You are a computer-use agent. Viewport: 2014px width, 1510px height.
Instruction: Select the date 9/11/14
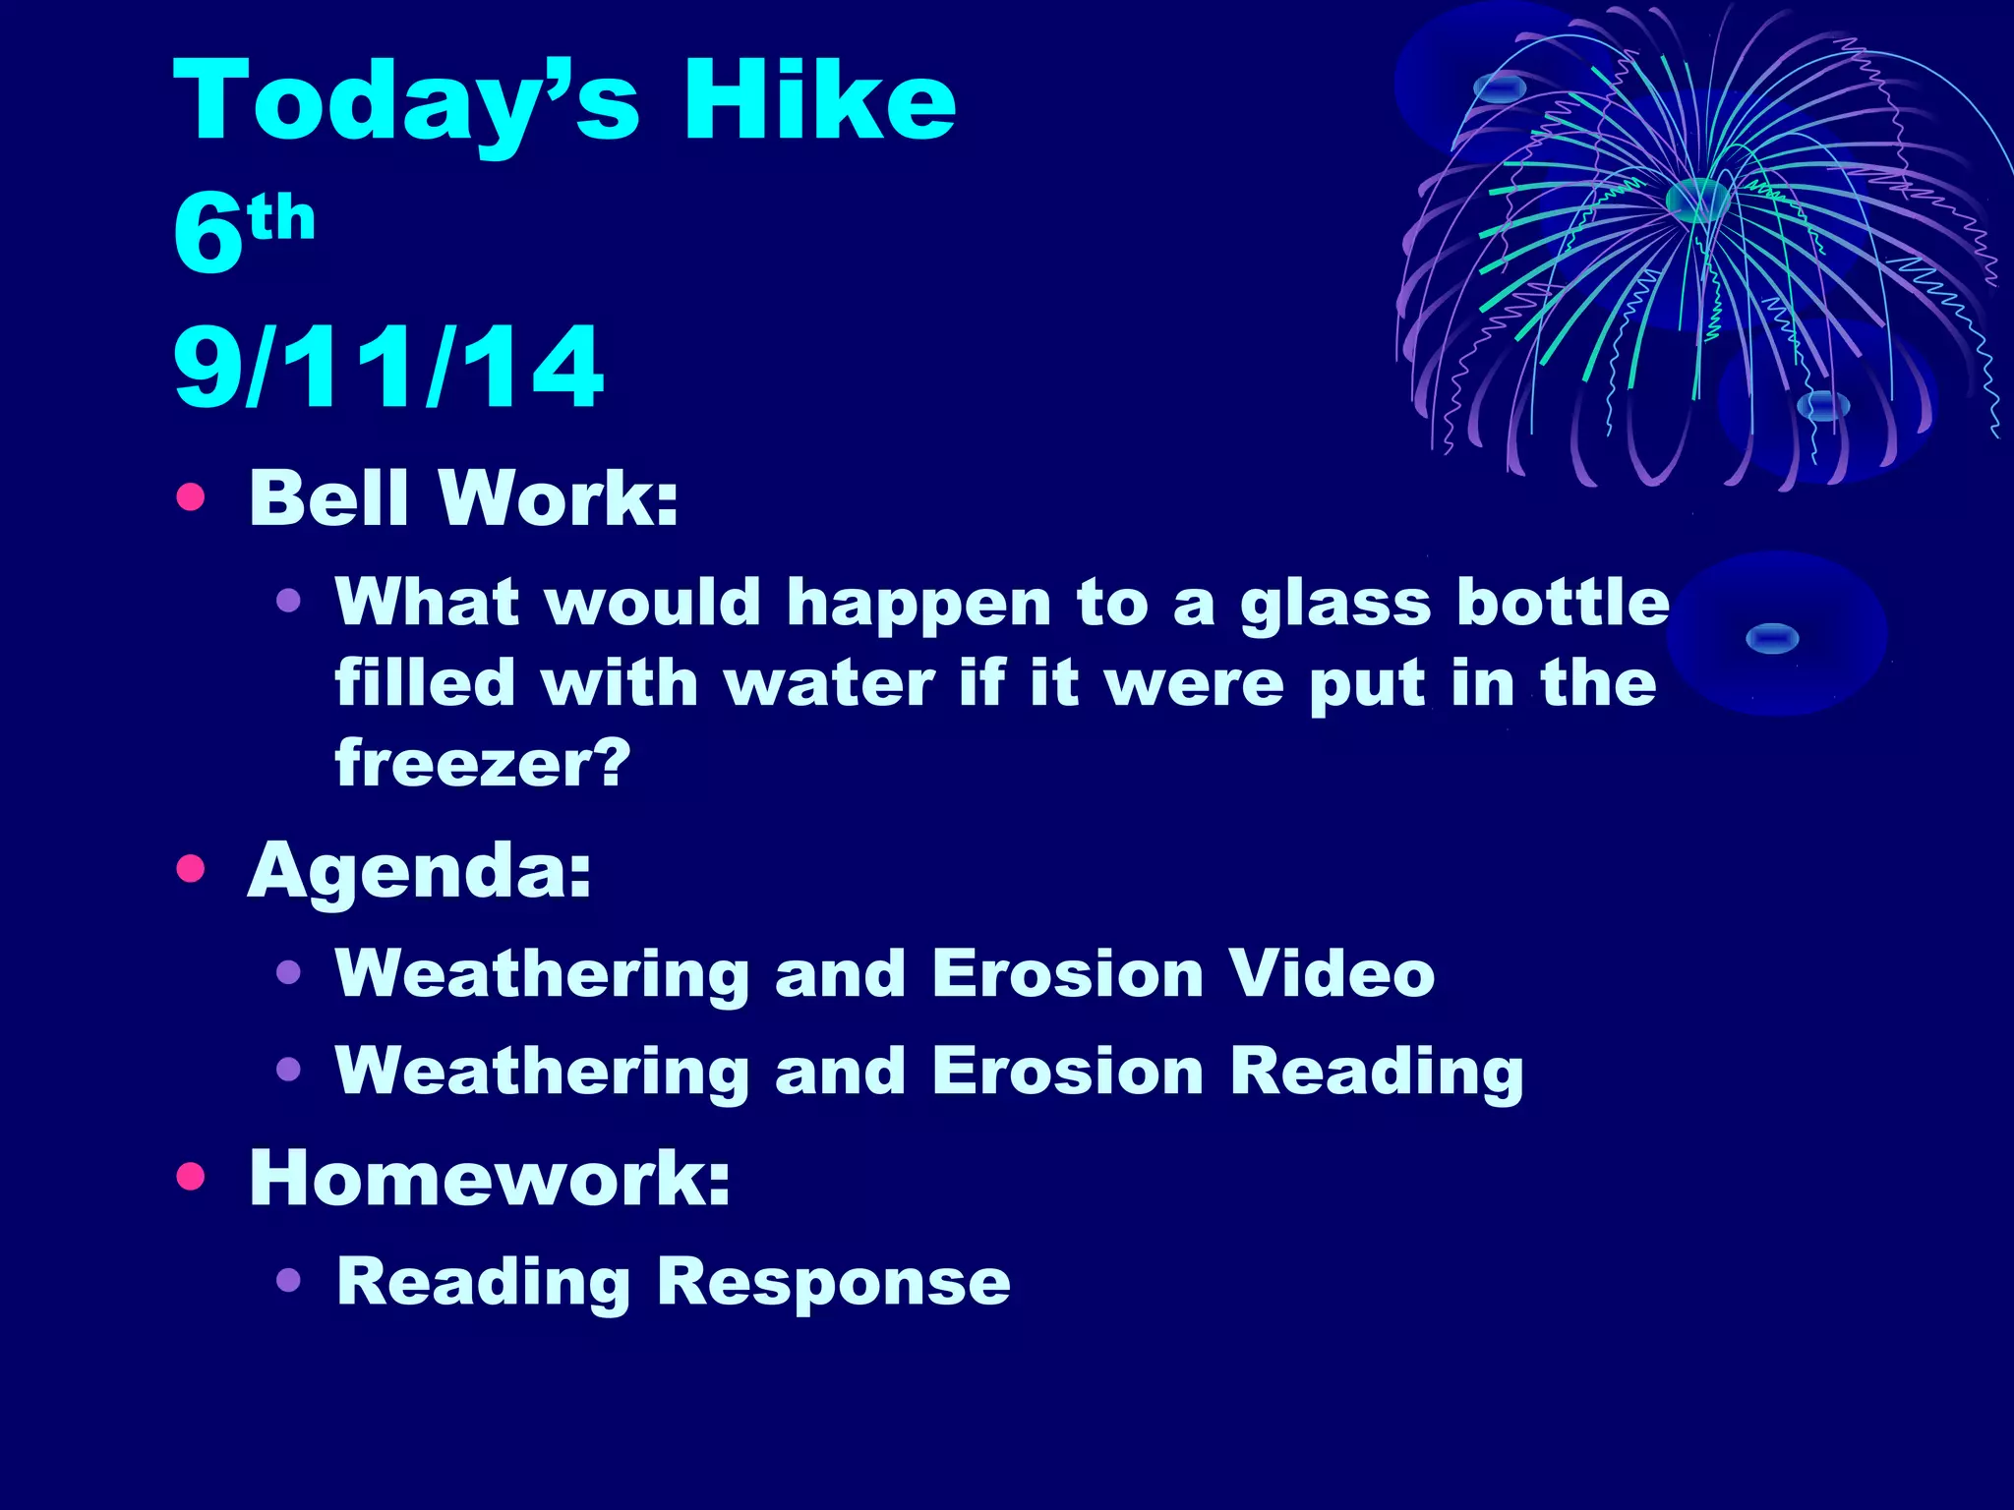click(387, 367)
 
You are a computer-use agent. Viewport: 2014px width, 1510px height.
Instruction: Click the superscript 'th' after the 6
click(282, 218)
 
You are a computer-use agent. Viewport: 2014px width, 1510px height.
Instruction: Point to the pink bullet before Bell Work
click(191, 497)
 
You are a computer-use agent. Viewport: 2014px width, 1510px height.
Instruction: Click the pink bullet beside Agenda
click(191, 869)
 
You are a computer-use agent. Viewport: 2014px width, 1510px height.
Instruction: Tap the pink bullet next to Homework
click(191, 1177)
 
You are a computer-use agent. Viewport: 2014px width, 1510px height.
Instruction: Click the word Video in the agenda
click(1333, 973)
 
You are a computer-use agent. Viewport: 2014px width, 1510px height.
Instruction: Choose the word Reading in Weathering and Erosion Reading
click(1377, 1072)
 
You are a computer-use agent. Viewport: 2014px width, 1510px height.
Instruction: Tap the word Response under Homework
click(834, 1282)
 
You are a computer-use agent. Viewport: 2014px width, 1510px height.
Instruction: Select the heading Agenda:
click(420, 871)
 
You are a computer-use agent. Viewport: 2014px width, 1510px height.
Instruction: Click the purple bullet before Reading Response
click(288, 1280)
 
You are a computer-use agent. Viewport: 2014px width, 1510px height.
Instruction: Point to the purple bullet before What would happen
click(288, 601)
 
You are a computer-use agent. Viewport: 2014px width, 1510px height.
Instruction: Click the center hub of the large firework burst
click(1696, 200)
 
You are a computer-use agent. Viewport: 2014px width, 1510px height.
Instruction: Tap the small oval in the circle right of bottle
click(1772, 639)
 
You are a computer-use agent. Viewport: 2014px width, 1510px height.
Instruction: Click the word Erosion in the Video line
click(1067, 973)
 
